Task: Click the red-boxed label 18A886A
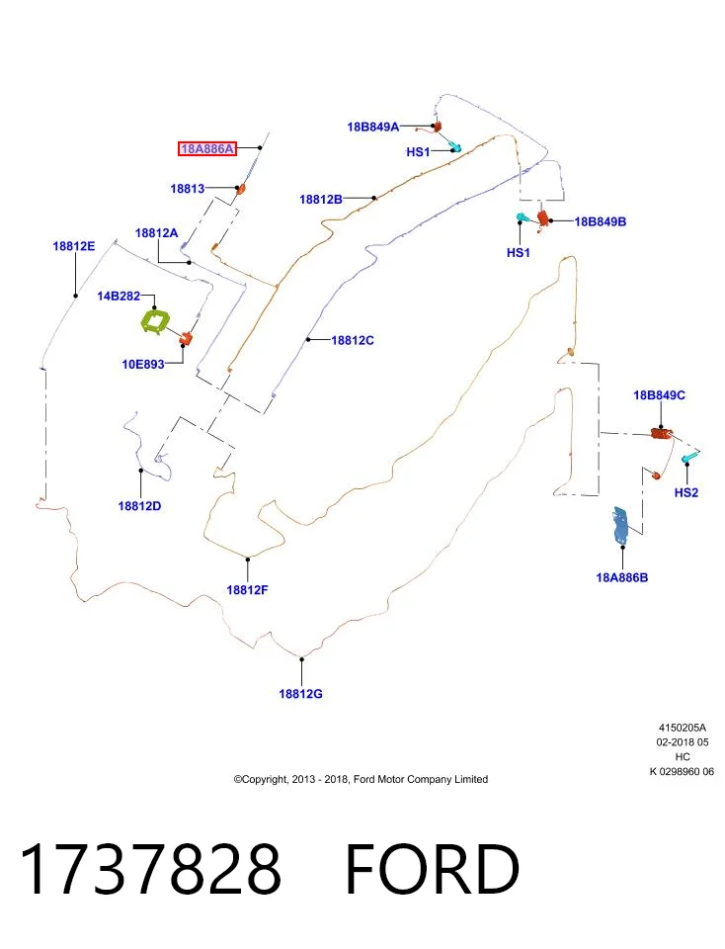pyautogui.click(x=206, y=148)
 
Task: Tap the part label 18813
pyautogui.click(x=188, y=189)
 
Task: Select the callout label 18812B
pyautogui.click(x=321, y=199)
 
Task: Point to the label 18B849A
pyautogui.click(x=373, y=128)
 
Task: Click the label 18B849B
pyautogui.click(x=601, y=221)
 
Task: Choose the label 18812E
pyautogui.click(x=74, y=246)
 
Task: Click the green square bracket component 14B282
pyautogui.click(x=154, y=320)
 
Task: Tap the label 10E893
pyautogui.click(x=143, y=365)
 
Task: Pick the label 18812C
pyautogui.click(x=353, y=341)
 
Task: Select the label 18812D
pyautogui.click(x=139, y=506)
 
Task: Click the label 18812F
pyautogui.click(x=247, y=589)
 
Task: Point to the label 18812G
pyautogui.click(x=300, y=694)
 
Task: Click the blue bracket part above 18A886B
pyautogui.click(x=621, y=525)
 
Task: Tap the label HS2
pyautogui.click(x=686, y=492)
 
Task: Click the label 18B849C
pyautogui.click(x=659, y=395)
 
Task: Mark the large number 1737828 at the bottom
pyautogui.click(x=150, y=869)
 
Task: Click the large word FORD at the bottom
pyautogui.click(x=433, y=869)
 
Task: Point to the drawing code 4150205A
pyautogui.click(x=683, y=728)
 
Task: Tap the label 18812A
pyautogui.click(x=157, y=233)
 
